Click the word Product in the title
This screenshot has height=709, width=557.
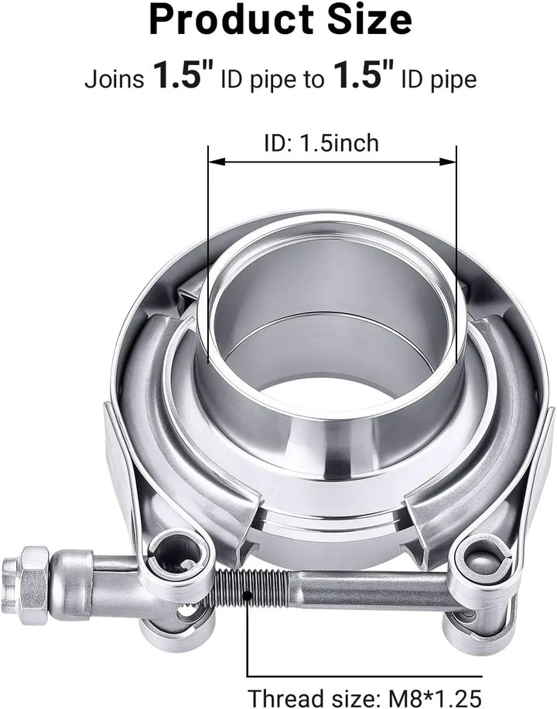tap(231, 20)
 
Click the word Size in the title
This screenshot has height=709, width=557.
tap(368, 20)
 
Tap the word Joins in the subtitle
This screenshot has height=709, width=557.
tap(114, 79)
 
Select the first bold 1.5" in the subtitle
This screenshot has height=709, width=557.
tap(183, 75)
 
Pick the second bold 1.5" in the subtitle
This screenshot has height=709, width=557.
tap(363, 75)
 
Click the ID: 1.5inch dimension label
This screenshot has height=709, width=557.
tap(322, 143)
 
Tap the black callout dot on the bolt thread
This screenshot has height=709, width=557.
tap(247, 595)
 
